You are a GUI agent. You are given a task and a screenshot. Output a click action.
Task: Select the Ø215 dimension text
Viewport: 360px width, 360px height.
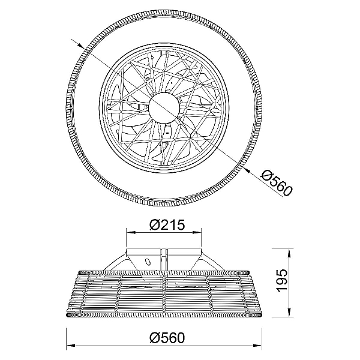pyautogui.click(x=167, y=225)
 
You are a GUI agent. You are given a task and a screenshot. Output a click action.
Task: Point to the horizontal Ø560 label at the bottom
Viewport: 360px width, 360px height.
pyautogui.click(x=167, y=337)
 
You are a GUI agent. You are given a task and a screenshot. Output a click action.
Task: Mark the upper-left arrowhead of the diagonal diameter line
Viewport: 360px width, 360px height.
pyautogui.click(x=80, y=46)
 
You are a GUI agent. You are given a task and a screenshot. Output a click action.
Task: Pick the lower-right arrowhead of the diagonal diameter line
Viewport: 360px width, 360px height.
pyautogui.click(x=247, y=170)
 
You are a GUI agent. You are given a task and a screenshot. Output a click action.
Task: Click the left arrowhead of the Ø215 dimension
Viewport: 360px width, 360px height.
pyautogui.click(x=131, y=233)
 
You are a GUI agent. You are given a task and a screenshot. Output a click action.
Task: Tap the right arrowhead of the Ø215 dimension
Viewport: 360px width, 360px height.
pyautogui.click(x=197, y=233)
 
